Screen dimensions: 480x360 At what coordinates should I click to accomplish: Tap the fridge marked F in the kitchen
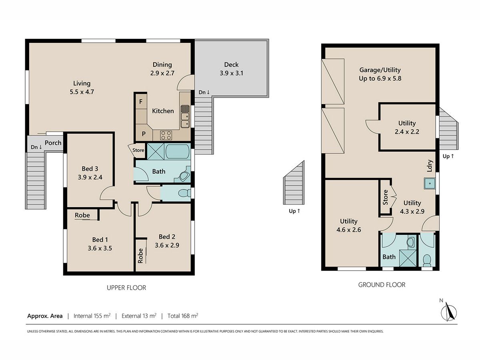click(141, 102)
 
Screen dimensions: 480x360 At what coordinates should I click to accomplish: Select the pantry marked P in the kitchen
click(144, 134)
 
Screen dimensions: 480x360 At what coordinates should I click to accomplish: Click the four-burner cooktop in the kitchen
click(166, 135)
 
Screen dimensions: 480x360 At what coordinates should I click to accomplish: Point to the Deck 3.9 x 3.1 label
click(231, 69)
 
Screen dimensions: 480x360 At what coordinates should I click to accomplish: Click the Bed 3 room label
click(90, 168)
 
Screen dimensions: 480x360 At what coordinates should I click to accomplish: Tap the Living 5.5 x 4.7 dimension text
click(82, 92)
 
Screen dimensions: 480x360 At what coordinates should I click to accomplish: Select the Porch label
click(53, 143)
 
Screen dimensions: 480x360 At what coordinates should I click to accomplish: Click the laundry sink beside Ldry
click(430, 183)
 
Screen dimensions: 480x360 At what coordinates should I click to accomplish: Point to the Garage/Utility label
click(380, 70)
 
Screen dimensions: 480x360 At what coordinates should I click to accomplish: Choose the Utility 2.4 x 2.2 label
click(407, 127)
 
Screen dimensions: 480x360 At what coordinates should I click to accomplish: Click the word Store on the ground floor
click(385, 197)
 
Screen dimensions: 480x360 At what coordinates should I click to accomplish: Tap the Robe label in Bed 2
click(140, 256)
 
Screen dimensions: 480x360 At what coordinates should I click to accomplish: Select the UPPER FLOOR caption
click(126, 288)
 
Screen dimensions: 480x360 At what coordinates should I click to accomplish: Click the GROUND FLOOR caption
click(382, 285)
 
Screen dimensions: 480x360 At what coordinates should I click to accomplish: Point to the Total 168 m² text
click(183, 316)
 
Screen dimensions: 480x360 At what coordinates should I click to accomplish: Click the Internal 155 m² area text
click(92, 316)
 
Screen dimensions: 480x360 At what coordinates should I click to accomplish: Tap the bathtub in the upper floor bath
click(178, 151)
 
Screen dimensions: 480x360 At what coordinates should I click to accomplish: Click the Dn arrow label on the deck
click(204, 92)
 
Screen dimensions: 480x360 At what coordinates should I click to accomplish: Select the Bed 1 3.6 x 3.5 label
click(100, 244)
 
